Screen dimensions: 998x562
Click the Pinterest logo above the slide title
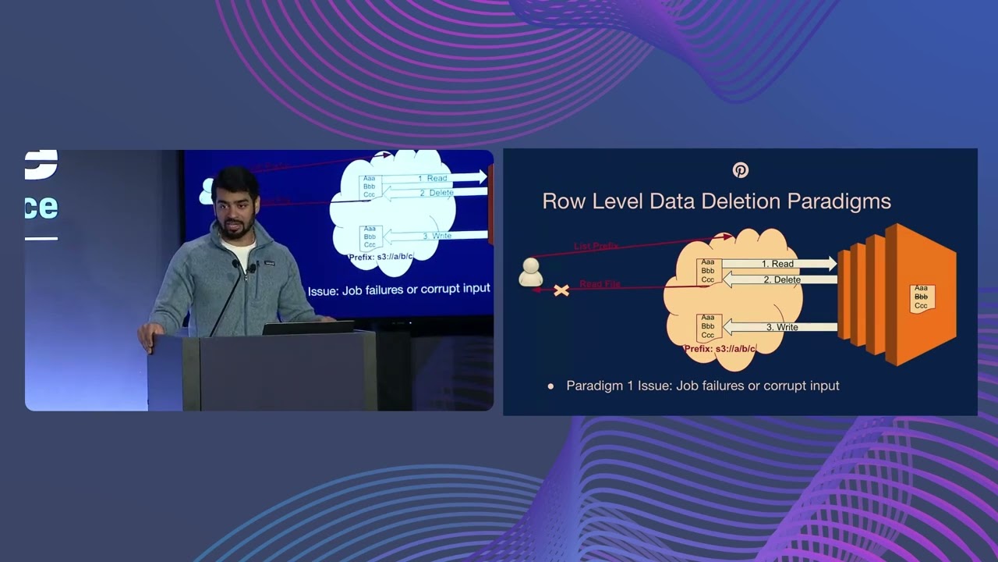tap(740, 170)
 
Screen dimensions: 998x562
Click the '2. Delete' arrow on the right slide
tap(780, 279)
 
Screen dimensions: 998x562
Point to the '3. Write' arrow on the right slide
tap(780, 327)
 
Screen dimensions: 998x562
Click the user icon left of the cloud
tap(530, 272)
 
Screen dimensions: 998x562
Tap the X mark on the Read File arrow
tap(561, 290)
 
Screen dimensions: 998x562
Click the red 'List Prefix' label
tap(596, 247)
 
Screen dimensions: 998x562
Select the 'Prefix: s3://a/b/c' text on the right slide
tap(720, 349)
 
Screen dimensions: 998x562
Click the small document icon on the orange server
tap(922, 297)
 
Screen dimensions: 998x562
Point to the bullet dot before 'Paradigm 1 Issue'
tap(550, 386)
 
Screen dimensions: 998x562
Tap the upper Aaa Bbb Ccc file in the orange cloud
tap(708, 271)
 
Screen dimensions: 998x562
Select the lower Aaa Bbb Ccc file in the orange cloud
tap(708, 325)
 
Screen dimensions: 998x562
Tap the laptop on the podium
tap(308, 327)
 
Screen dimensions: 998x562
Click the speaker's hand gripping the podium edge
tap(147, 335)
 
